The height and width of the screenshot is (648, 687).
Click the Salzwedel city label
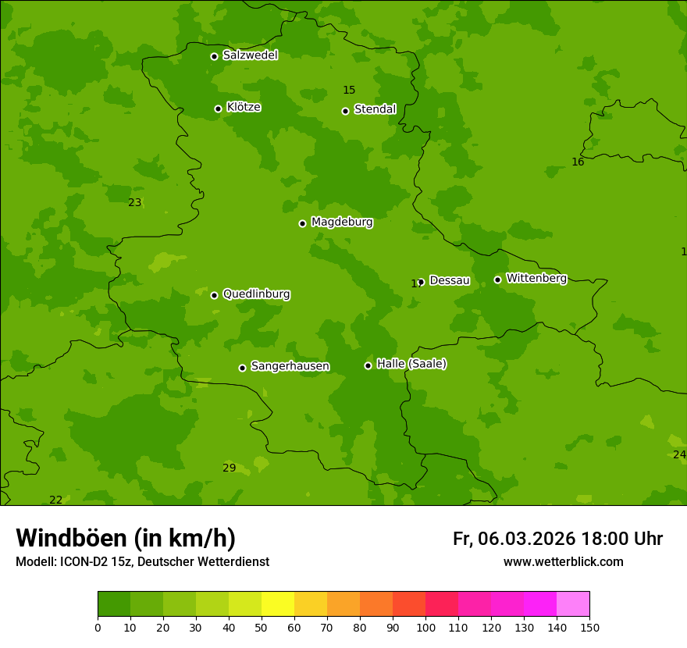coord(250,55)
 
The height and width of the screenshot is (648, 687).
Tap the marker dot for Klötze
coord(218,109)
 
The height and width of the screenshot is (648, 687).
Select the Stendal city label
coord(375,109)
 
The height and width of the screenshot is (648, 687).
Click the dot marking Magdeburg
coord(302,223)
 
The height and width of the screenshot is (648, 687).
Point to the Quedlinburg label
coord(256,294)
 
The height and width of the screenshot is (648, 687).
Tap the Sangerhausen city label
coord(290,366)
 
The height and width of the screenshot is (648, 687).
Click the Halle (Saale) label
coord(411,364)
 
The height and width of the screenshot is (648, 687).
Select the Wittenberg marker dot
coord(497,279)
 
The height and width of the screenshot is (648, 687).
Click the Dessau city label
coord(450,280)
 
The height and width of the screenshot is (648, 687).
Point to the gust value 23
coord(135,202)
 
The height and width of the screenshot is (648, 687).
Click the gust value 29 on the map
coord(229,468)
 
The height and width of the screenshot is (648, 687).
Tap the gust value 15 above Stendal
coord(349,90)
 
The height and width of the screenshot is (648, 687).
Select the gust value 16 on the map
coord(578,162)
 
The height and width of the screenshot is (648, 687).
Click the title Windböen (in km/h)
coord(126,538)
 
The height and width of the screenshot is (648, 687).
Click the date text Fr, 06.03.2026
coord(514,539)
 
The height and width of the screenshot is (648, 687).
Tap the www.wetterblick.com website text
coord(563,561)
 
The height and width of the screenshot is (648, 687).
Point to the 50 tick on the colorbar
coord(262,627)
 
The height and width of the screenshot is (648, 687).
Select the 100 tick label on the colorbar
coord(425,627)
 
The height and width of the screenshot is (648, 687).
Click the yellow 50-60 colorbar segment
coord(278,604)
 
